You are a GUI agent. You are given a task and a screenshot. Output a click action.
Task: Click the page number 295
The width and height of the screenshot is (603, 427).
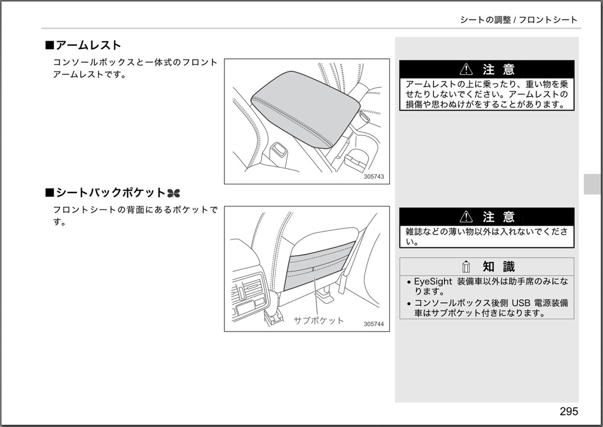click(569, 411)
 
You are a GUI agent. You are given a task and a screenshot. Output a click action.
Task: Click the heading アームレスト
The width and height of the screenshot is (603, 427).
click(88, 45)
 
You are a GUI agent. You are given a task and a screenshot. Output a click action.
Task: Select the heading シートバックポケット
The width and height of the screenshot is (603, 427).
click(111, 193)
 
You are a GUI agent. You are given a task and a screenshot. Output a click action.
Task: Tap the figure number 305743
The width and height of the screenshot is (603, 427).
click(374, 177)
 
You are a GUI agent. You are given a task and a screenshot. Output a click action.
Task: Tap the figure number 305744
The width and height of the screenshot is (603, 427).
click(374, 324)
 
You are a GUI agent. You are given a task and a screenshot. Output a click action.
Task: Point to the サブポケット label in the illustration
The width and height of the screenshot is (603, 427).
click(319, 320)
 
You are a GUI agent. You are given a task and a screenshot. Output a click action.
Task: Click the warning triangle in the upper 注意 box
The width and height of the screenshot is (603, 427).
click(466, 69)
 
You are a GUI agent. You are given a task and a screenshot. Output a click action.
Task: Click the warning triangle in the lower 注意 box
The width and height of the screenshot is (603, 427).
click(466, 217)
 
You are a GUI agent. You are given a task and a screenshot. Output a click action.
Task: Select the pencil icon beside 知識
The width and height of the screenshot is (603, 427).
click(466, 266)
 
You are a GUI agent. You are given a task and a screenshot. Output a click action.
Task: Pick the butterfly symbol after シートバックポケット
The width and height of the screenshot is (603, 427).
click(174, 193)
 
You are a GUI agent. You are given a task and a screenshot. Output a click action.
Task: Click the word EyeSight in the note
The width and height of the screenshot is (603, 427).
click(433, 282)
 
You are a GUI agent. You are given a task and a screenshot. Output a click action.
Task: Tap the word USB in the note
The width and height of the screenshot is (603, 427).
click(521, 303)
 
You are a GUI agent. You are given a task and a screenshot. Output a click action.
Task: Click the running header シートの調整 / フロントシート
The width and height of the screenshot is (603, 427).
click(519, 19)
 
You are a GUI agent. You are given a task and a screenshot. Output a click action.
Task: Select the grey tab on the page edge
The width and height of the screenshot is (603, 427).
click(592, 184)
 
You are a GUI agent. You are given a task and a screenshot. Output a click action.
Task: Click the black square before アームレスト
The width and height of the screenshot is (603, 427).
click(49, 45)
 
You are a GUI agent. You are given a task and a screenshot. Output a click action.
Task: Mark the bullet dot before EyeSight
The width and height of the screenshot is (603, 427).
click(409, 282)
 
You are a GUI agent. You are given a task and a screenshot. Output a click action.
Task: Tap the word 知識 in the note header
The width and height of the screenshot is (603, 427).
click(498, 266)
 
